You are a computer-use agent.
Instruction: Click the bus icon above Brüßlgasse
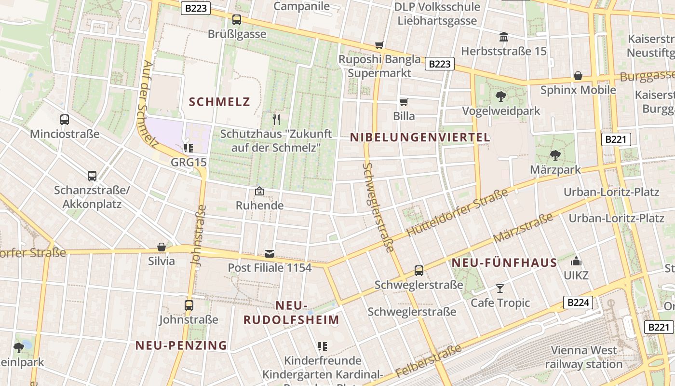236,20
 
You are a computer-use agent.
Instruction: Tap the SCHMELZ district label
219,102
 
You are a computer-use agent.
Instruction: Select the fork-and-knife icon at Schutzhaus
276,119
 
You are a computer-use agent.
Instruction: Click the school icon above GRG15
189,148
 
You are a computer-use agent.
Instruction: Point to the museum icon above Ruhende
259,192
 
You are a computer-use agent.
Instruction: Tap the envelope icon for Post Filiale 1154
269,254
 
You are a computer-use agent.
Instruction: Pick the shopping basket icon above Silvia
162,247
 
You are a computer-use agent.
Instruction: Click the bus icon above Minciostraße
65,120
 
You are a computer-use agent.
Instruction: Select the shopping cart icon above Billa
404,102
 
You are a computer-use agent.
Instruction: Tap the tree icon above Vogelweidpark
501,96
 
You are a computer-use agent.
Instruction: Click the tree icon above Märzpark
555,155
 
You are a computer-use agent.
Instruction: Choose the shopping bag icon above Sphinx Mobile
578,76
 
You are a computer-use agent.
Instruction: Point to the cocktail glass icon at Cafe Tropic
500,289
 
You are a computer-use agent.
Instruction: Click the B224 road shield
578,303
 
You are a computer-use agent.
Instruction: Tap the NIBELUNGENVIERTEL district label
420,138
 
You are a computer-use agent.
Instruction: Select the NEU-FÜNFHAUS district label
504,263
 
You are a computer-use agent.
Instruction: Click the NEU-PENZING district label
181,345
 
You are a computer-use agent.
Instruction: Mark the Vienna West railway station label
584,357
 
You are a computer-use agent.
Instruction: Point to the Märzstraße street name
523,229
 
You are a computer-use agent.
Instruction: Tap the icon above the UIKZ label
576,262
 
